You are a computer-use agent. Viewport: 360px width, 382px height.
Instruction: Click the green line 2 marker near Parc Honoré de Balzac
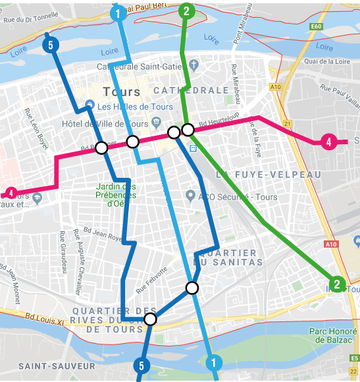(337, 285)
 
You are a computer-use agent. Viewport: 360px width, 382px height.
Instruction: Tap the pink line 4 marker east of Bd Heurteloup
(327, 141)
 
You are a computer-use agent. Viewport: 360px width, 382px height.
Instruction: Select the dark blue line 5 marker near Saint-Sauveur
(141, 366)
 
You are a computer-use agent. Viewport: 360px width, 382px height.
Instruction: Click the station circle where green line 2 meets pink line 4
(188, 129)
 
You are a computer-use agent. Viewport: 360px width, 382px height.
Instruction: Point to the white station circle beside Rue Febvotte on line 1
(192, 288)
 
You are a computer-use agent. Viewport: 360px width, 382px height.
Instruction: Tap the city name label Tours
(122, 92)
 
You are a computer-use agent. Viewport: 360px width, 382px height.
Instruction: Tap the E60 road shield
(317, 26)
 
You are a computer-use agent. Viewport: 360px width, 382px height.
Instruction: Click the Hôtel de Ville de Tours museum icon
(156, 122)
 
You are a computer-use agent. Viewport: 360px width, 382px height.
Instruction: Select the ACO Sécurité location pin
(190, 195)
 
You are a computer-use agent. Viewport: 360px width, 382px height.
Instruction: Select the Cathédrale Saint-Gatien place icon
(193, 65)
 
